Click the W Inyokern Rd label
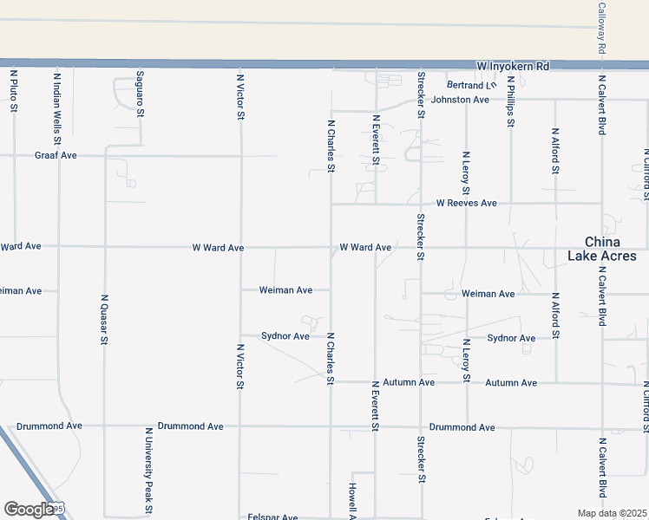[514, 66]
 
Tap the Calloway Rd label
[601, 28]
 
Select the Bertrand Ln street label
[471, 86]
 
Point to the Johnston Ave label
[461, 100]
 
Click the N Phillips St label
[511, 105]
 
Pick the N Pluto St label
[14, 92]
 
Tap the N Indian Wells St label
[57, 107]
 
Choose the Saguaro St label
[139, 96]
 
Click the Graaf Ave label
[56, 155]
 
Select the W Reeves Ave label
[467, 203]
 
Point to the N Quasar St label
[104, 318]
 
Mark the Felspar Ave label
[272, 517]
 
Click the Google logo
[30, 510]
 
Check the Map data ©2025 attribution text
[612, 513]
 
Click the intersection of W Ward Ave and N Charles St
[331, 247]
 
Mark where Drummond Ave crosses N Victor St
[239, 426]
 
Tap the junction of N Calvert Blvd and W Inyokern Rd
[601, 65]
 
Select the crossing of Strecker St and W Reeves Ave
[421, 204]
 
